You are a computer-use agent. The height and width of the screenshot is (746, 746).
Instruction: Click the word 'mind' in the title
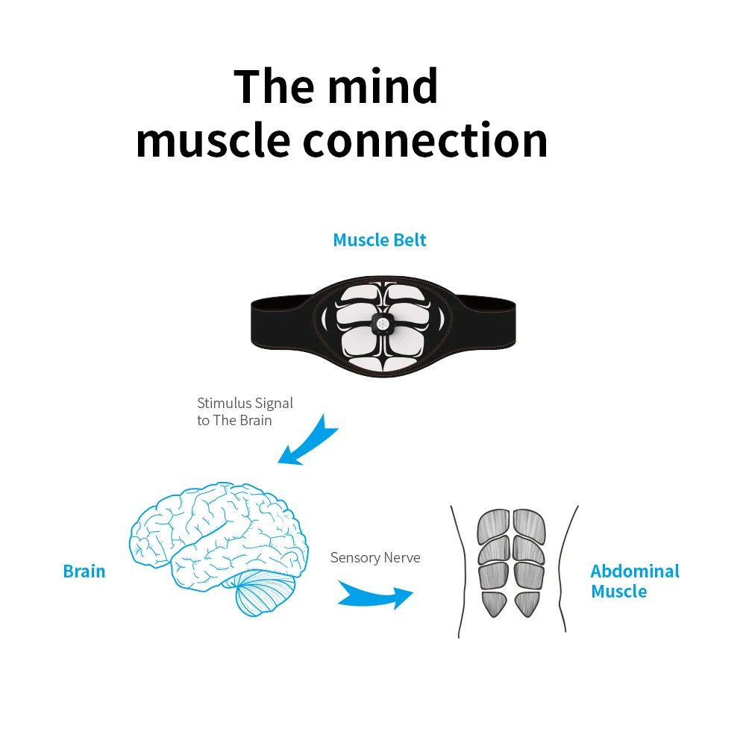[x=383, y=86]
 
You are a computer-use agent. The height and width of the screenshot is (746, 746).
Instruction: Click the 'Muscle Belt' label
[x=380, y=240]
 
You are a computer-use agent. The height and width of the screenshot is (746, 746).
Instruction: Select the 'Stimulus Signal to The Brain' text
[x=245, y=411]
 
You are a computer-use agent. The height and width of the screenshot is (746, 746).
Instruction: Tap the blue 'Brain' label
[x=84, y=571]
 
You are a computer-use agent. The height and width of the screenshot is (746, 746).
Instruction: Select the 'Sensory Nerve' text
[x=375, y=557]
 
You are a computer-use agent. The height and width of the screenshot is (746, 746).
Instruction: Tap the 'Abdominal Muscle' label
[x=635, y=581]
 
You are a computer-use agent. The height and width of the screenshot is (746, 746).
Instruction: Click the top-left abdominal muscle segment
[x=492, y=525]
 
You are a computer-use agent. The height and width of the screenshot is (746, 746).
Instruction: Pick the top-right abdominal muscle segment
[x=529, y=525]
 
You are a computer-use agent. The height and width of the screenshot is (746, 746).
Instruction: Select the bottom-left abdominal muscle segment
[x=495, y=604]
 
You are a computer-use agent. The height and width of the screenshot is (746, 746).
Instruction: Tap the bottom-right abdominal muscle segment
[x=526, y=604]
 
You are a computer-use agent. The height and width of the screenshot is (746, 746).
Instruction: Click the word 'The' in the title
[x=270, y=86]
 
